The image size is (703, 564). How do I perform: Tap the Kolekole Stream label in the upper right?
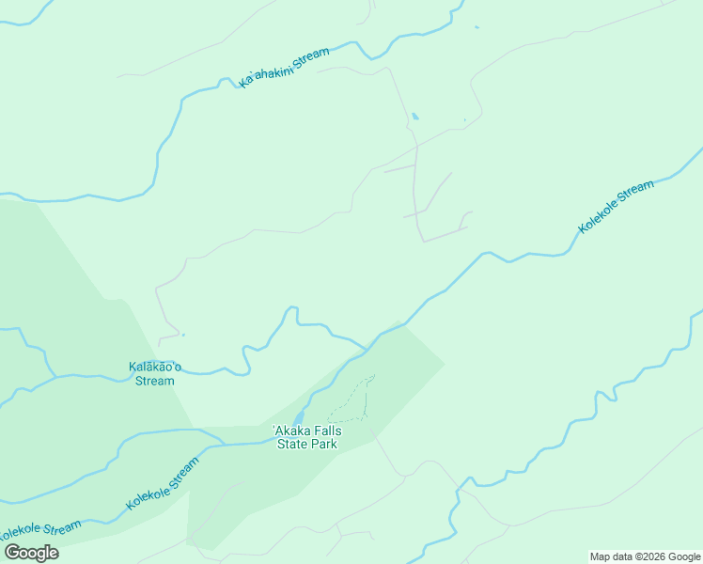[616, 207]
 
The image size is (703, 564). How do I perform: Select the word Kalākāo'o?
[155, 367]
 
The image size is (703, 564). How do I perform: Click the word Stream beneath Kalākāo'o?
[155, 381]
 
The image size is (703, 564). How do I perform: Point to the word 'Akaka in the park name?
[291, 431]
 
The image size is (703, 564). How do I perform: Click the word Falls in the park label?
[328, 431]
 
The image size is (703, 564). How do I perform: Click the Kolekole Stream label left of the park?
[163, 484]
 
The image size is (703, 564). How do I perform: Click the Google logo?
[31, 553]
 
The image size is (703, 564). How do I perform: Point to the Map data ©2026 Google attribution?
[646, 556]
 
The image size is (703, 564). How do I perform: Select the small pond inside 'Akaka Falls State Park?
[298, 418]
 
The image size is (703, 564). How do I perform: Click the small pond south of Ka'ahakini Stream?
[414, 117]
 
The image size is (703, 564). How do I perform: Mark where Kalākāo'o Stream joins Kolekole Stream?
[367, 349]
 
